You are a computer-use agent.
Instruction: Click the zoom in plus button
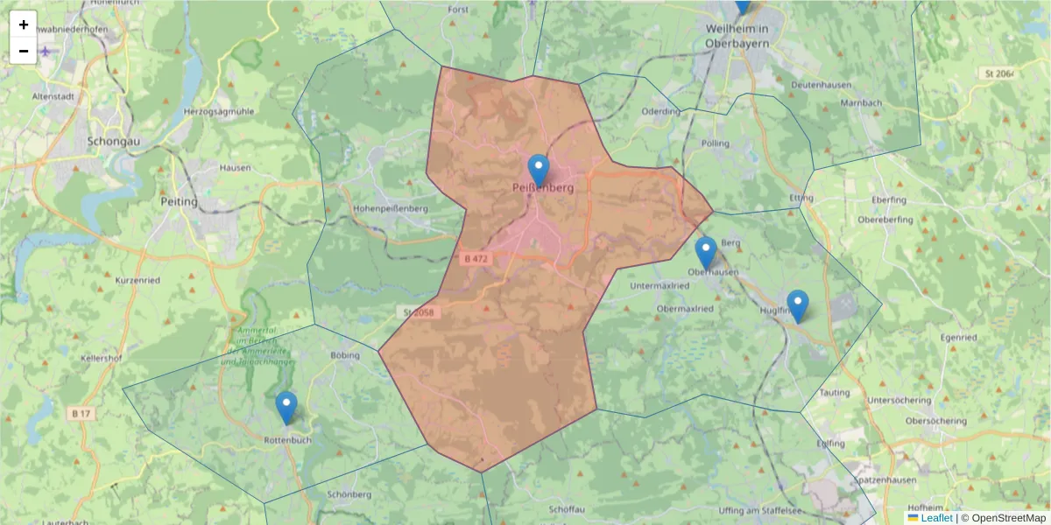click(24, 24)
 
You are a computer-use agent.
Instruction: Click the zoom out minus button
click(24, 51)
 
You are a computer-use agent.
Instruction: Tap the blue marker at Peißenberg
click(539, 170)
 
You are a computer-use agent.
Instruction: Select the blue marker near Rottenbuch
click(286, 407)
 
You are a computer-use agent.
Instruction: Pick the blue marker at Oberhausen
click(706, 252)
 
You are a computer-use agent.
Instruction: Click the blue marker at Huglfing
click(797, 305)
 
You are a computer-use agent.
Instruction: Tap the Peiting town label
click(180, 201)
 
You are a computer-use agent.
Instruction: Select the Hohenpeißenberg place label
click(391, 209)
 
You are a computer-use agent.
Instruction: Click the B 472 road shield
click(476, 259)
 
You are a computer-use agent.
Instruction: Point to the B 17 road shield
click(81, 412)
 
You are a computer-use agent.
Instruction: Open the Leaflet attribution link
click(936, 518)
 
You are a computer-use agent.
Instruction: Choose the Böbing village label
click(345, 356)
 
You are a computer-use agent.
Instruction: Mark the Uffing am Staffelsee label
click(758, 509)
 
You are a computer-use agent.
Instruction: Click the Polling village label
click(715, 143)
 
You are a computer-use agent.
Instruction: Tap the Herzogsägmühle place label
click(219, 111)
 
